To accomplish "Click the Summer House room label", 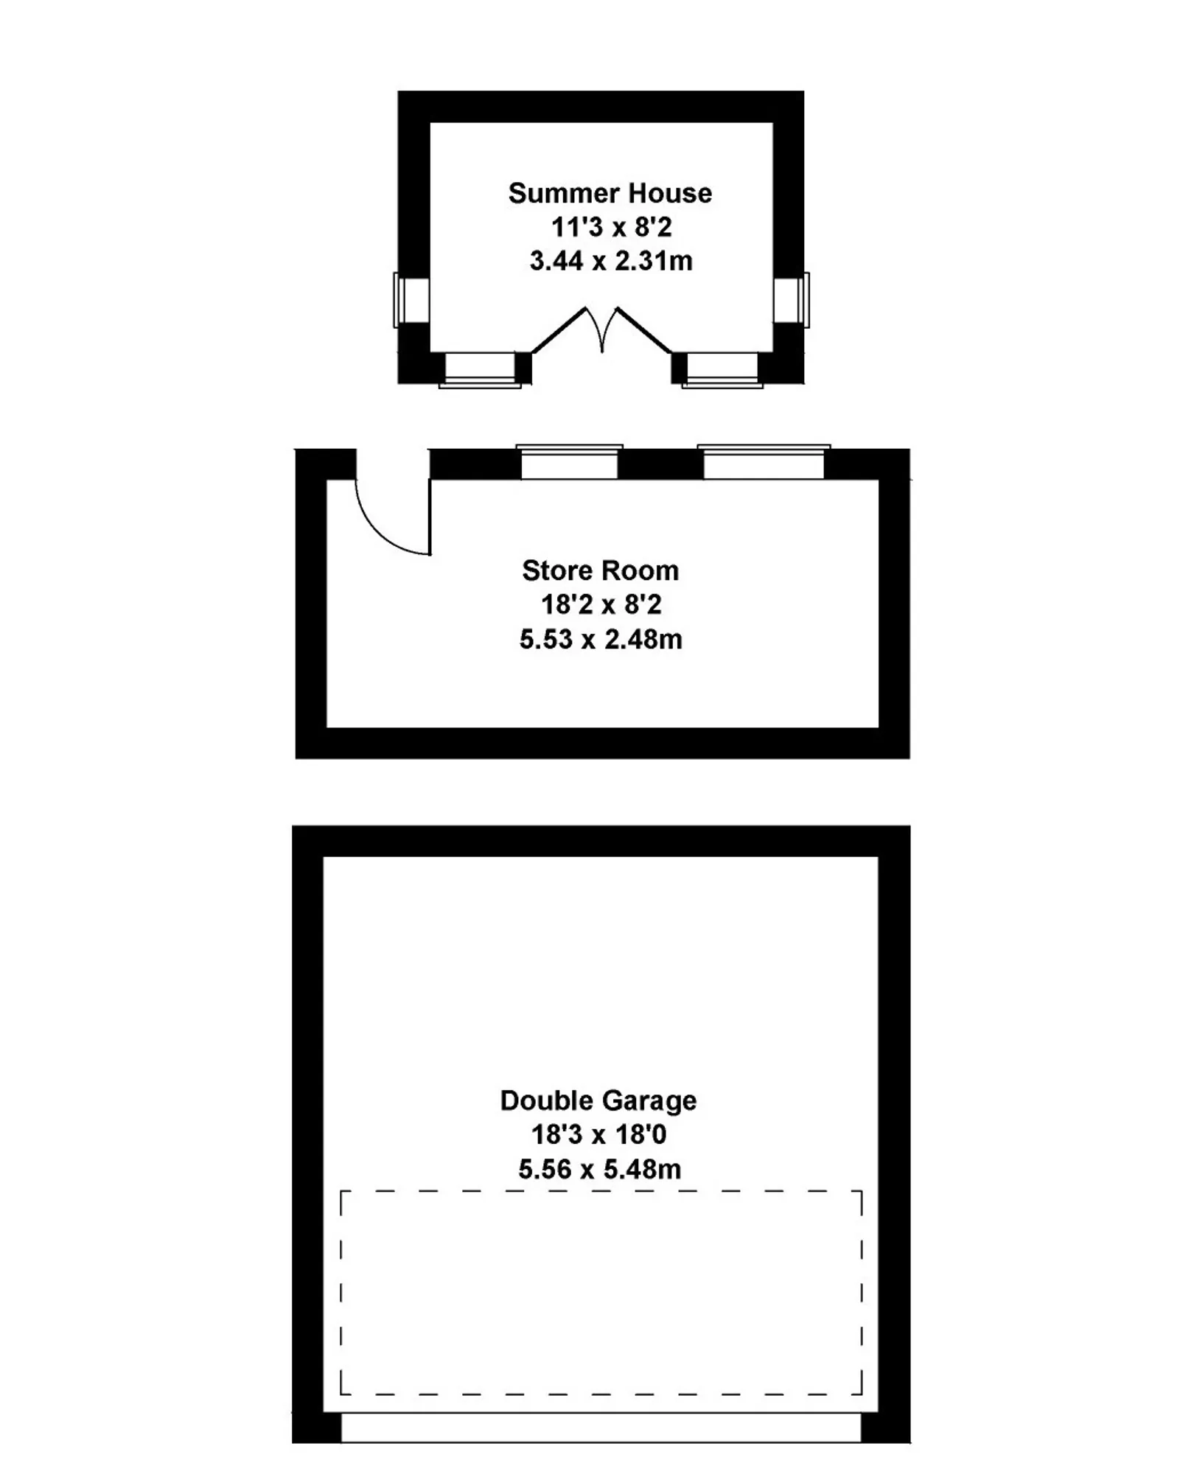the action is [x=610, y=193].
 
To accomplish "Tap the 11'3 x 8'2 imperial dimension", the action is [x=612, y=227].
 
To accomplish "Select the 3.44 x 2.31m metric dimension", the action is [x=611, y=261].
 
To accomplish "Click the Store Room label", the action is [x=601, y=570].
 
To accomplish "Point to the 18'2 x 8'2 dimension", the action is [x=601, y=604].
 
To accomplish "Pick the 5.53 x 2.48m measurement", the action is [x=601, y=639].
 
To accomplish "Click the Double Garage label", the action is [x=598, y=1100].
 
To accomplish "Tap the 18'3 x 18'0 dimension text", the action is [x=599, y=1134].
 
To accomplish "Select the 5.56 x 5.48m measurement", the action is [x=600, y=1169].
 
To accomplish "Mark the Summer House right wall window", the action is [x=792, y=300].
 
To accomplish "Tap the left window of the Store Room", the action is [x=570, y=462].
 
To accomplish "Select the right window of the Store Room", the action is [x=764, y=462].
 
